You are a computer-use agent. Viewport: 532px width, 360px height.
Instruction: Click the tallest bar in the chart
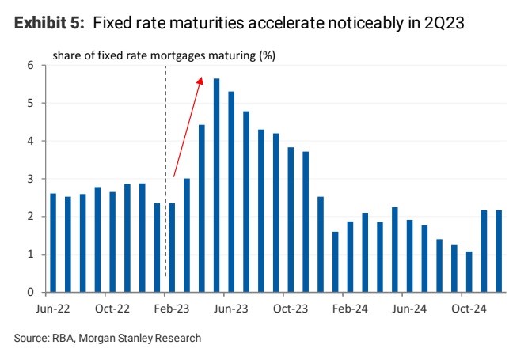click(x=216, y=185)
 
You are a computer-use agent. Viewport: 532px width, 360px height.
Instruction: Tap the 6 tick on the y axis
click(x=32, y=65)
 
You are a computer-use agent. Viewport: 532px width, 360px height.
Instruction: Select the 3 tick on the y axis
click(x=32, y=179)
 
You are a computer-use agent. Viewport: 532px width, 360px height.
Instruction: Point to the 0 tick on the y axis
click(x=32, y=293)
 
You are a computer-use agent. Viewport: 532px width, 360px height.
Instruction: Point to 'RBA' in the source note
click(x=60, y=338)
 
